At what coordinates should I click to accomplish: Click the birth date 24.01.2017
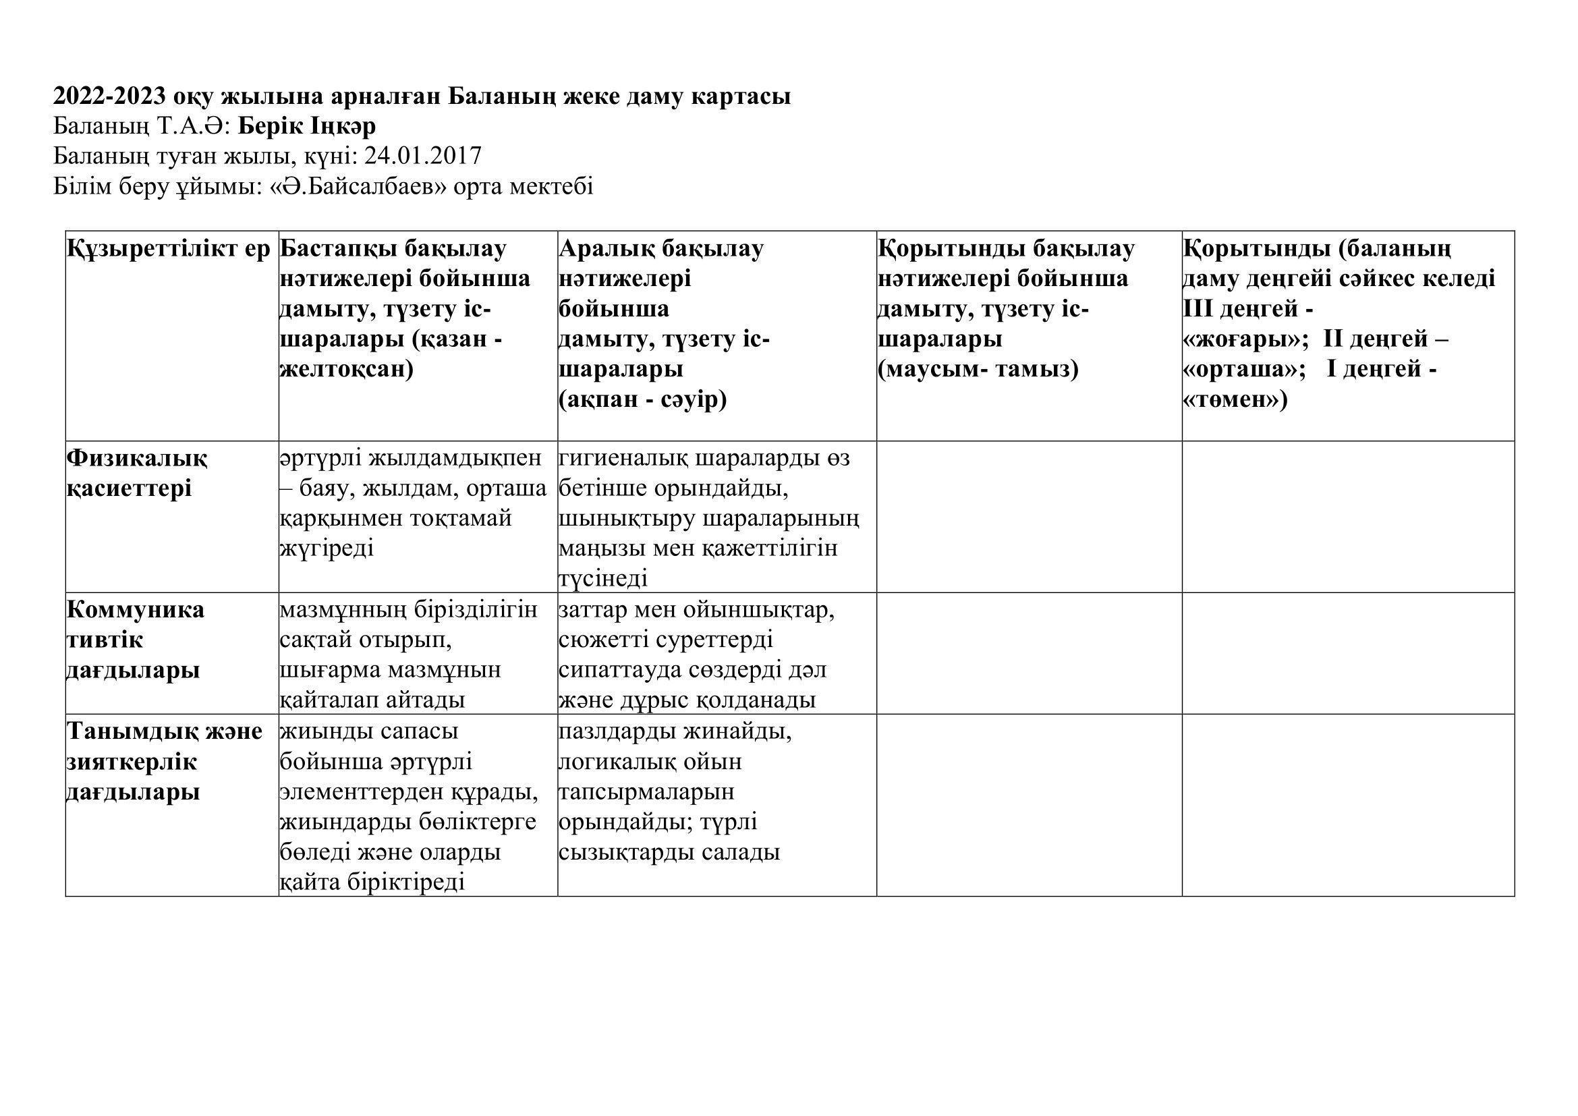tap(423, 156)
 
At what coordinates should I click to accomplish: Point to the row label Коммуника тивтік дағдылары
tap(136, 639)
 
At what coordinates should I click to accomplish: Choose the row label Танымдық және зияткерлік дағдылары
tap(164, 761)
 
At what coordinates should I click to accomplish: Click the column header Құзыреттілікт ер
tap(169, 249)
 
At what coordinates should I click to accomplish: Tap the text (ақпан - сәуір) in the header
tap(643, 399)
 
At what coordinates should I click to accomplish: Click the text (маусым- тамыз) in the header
tap(978, 369)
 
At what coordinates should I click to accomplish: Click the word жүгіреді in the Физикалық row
tap(327, 549)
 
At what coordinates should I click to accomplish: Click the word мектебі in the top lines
tap(551, 186)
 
